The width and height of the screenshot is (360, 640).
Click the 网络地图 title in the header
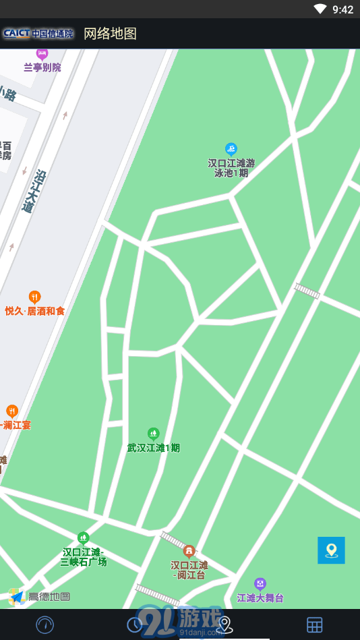tap(110, 34)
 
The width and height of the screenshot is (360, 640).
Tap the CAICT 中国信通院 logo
tap(38, 33)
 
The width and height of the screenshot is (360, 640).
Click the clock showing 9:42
tap(342, 9)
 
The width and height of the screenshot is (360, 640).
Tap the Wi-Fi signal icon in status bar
tap(320, 9)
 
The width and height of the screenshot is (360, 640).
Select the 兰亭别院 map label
tap(42, 67)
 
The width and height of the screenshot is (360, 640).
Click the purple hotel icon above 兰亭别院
tap(42, 53)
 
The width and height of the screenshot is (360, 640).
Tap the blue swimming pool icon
tap(231, 148)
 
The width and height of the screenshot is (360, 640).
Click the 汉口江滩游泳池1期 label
tap(231, 167)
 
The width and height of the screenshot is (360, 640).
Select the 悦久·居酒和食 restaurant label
tap(35, 311)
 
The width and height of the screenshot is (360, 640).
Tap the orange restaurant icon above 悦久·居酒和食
tap(34, 297)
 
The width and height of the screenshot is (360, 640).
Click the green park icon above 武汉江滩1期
tap(154, 433)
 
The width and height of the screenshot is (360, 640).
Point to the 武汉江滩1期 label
tap(154, 448)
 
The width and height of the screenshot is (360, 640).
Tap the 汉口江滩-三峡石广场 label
tap(83, 556)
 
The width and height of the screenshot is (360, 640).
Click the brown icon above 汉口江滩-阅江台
tap(189, 551)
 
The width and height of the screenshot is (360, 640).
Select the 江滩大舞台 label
tap(260, 598)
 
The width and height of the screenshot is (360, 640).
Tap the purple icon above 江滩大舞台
tap(260, 583)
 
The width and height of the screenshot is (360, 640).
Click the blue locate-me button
tap(331, 550)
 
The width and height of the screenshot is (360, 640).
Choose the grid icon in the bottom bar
tap(315, 624)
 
